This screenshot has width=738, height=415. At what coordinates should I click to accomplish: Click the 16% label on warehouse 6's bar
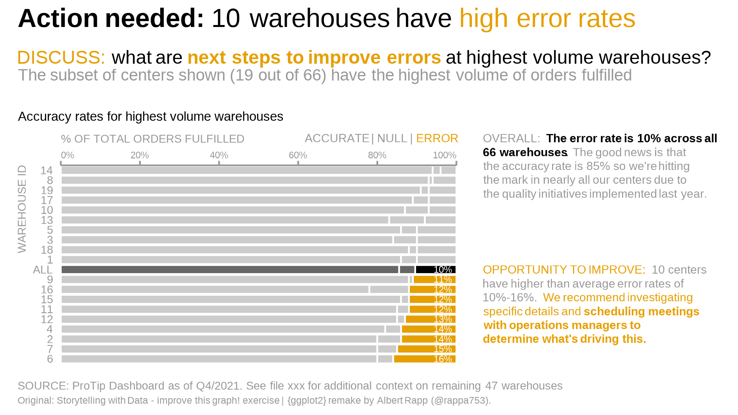point(443,359)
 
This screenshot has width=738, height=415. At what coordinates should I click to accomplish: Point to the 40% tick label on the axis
point(219,155)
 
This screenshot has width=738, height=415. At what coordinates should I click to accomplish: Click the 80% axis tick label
point(377,155)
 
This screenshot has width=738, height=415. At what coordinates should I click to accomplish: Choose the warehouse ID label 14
point(46,170)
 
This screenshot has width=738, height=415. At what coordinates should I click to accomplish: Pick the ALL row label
point(43,270)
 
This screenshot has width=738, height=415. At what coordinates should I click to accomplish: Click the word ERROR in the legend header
point(437,138)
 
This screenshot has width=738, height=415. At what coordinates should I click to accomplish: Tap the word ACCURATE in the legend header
point(337,138)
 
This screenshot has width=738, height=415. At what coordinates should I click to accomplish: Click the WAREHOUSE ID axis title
point(22,209)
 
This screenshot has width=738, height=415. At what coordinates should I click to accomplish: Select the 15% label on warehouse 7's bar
point(443,349)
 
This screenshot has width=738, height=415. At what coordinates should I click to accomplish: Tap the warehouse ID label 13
point(46,220)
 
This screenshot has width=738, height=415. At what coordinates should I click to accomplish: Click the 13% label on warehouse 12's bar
point(443,319)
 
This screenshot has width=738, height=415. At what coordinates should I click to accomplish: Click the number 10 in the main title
point(225,18)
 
